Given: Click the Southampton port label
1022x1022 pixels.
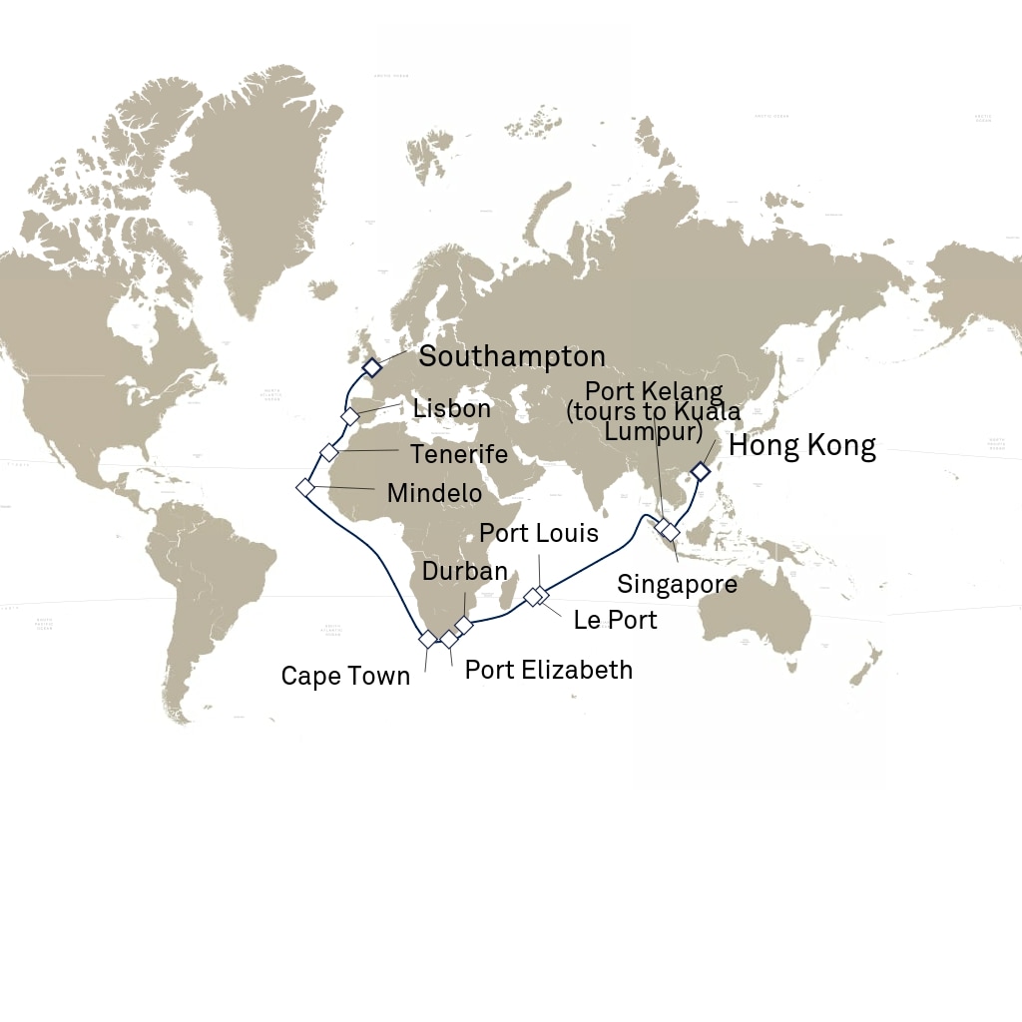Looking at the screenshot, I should [x=511, y=356].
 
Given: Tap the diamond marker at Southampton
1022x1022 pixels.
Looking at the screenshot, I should [x=371, y=368].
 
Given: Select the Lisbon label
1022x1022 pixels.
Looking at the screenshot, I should [x=451, y=408].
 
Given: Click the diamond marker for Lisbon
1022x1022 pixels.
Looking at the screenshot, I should [x=349, y=416].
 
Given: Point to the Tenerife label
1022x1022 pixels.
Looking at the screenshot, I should [x=458, y=454].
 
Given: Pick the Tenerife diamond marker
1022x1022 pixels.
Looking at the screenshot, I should [x=329, y=452].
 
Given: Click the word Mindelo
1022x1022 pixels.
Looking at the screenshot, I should [x=434, y=493].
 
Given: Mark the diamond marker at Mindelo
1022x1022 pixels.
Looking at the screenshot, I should [x=305, y=487].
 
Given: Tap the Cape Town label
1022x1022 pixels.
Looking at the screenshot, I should [x=345, y=676].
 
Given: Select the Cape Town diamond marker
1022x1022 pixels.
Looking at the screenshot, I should [x=427, y=639].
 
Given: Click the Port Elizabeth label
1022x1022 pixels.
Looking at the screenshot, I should [x=549, y=669].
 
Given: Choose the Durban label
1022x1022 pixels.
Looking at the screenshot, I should [x=465, y=572].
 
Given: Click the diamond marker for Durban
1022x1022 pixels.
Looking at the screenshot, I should [x=464, y=625].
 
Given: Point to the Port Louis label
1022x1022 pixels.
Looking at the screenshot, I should [x=539, y=533].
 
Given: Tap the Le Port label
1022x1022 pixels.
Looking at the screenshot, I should [x=615, y=620].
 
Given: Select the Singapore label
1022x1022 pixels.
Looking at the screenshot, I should [x=677, y=584].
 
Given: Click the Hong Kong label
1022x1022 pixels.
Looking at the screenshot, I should [x=802, y=445].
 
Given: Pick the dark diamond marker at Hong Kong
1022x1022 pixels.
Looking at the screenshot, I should [x=701, y=471].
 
